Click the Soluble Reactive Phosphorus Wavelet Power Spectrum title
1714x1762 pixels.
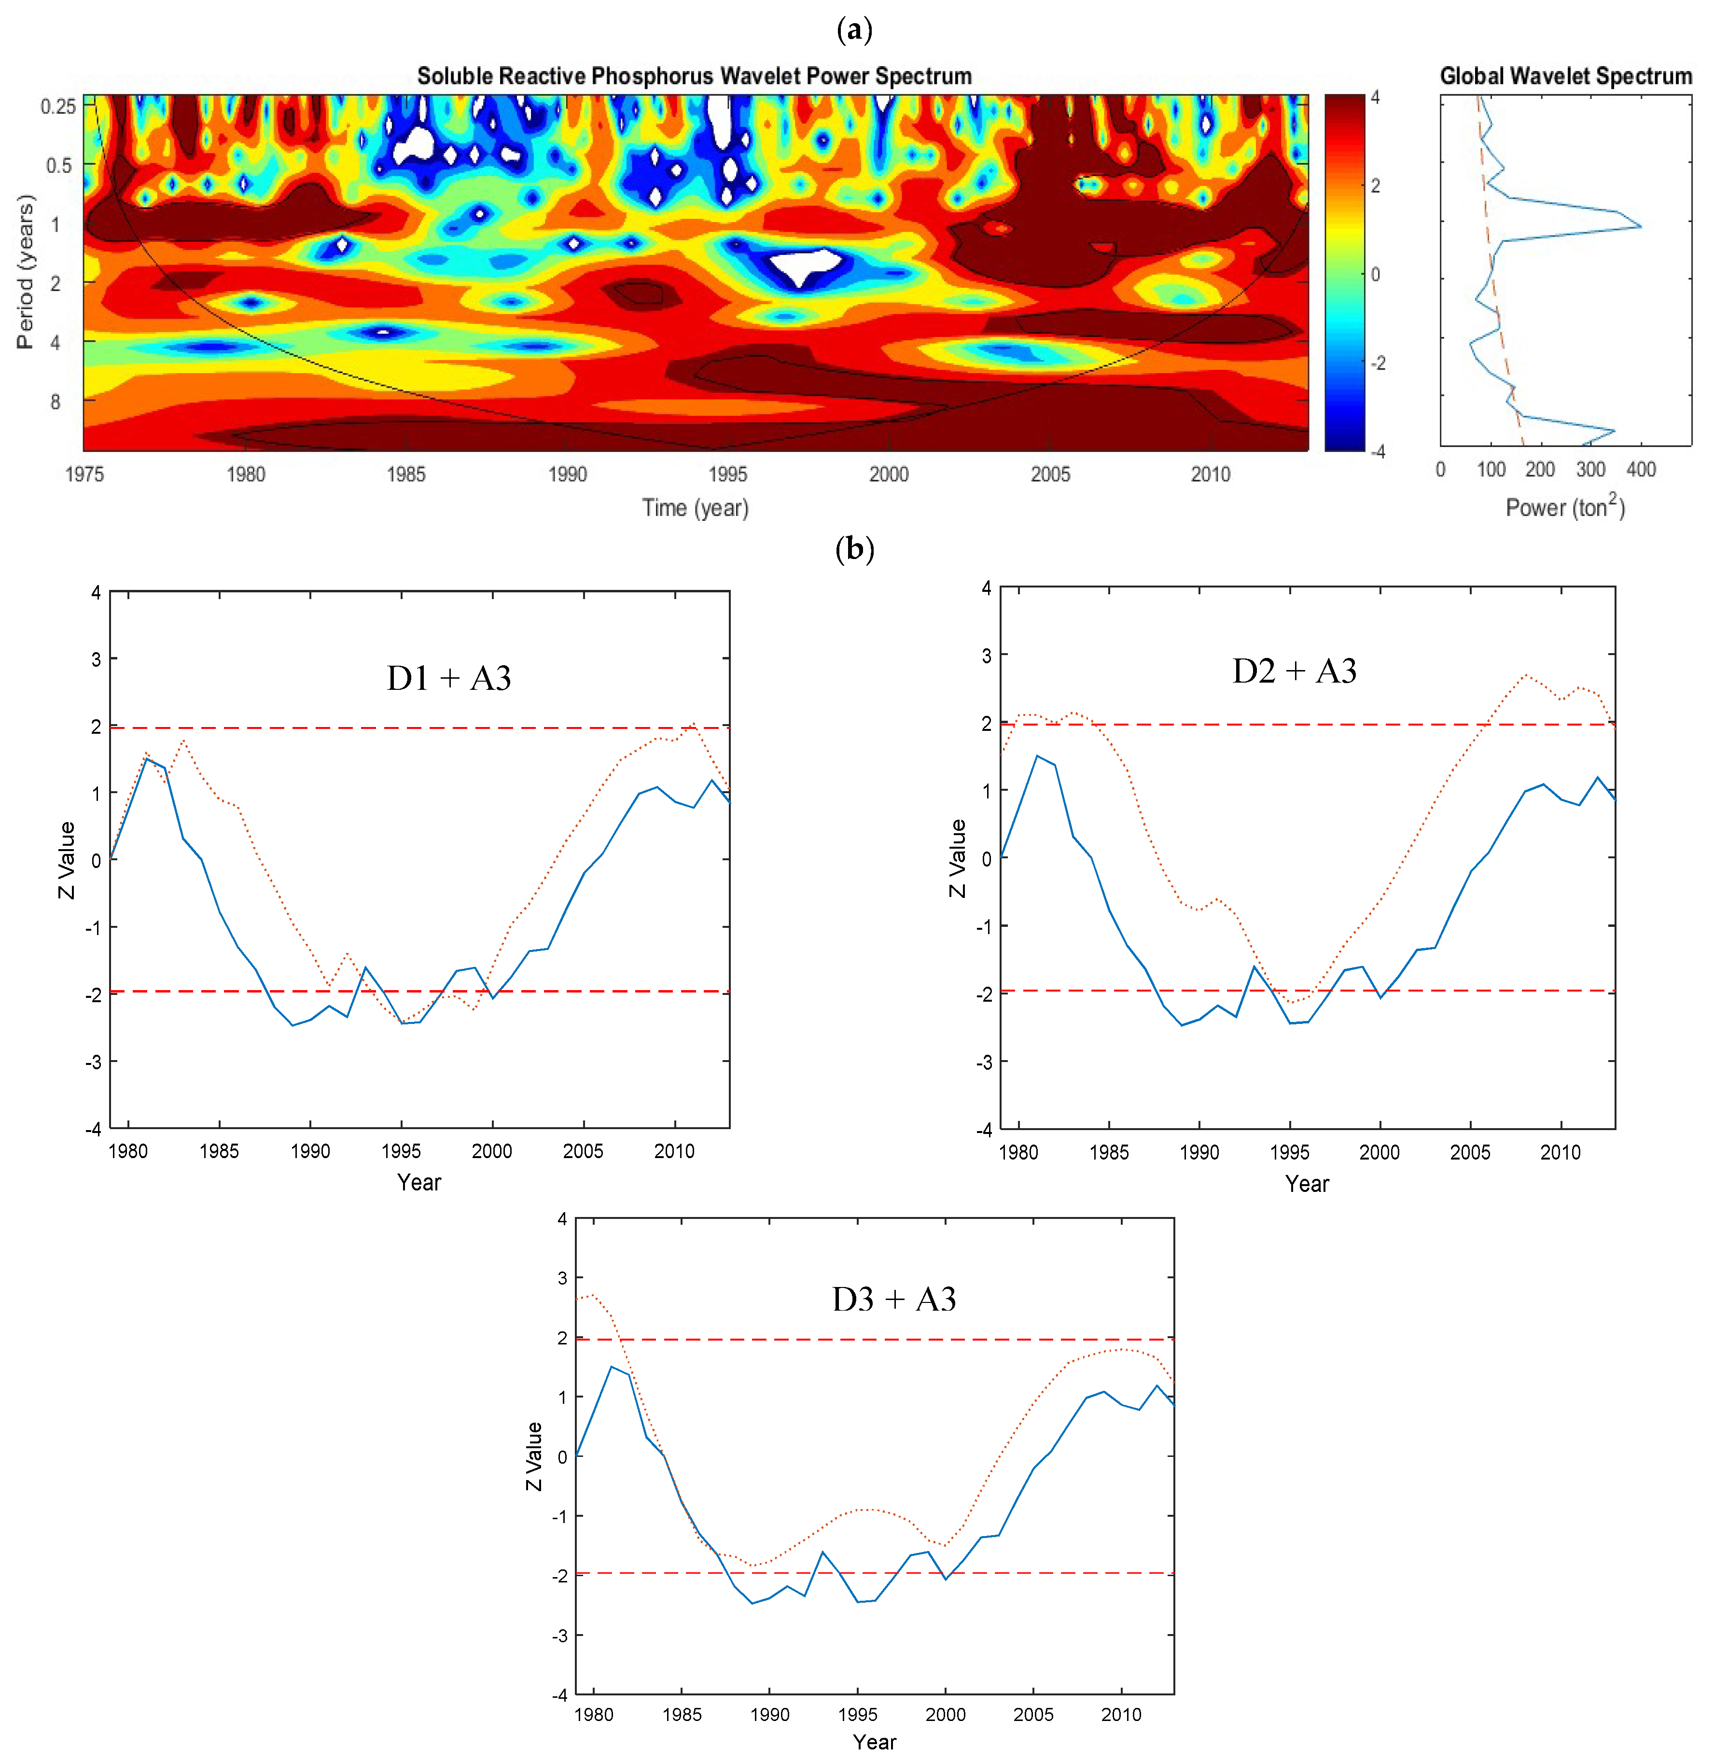pyautogui.click(x=694, y=77)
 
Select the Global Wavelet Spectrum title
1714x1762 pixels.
pyautogui.click(x=1565, y=77)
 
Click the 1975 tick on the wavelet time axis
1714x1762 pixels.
pyautogui.click(x=84, y=475)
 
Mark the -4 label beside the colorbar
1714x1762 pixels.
pyautogui.click(x=1377, y=451)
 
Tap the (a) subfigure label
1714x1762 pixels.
pyautogui.click(x=854, y=30)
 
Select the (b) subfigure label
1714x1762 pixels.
pyautogui.click(x=854, y=548)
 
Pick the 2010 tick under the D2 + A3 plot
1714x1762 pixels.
pyautogui.click(x=1560, y=1152)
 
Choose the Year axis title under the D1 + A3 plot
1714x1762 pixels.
pyautogui.click(x=419, y=1182)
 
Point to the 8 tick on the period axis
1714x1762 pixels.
pyautogui.click(x=56, y=402)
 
